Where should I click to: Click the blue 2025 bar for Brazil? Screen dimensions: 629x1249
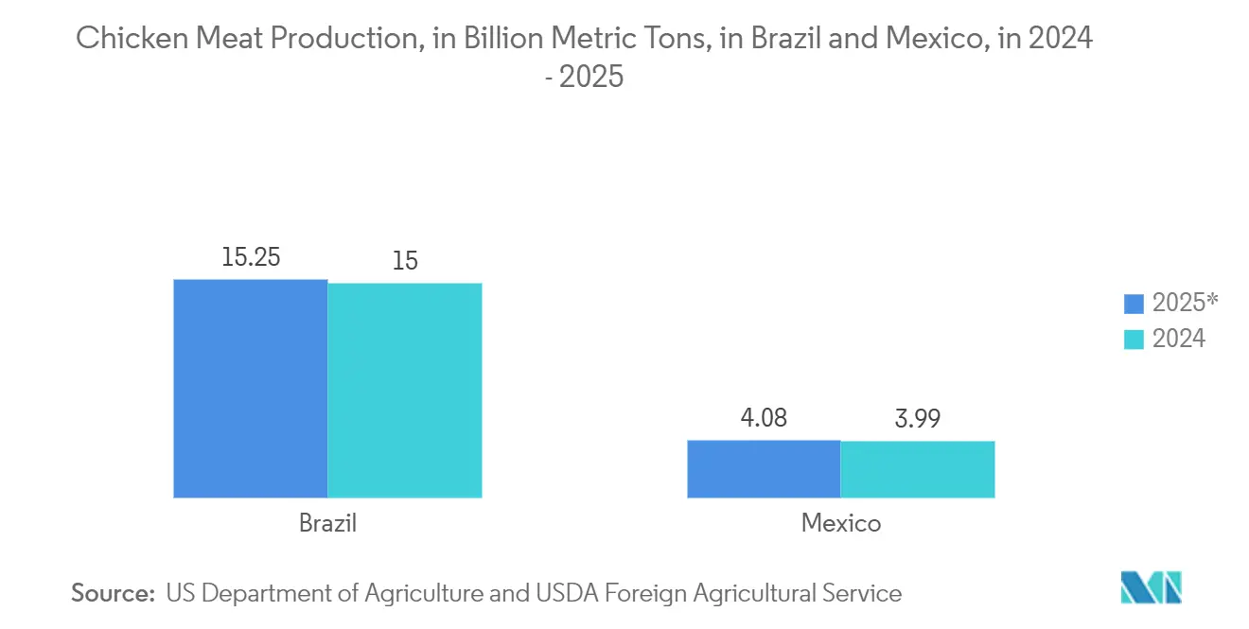[251, 388]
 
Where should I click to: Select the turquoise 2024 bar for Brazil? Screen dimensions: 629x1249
[405, 390]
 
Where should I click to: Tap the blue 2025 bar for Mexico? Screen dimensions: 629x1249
[764, 468]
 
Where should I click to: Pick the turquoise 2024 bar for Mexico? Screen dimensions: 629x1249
[918, 469]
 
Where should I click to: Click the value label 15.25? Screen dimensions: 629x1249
[251, 256]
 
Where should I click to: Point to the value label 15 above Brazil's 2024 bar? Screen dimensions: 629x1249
[405, 260]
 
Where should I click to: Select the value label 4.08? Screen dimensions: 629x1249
[764, 417]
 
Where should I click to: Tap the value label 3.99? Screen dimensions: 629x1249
[918, 418]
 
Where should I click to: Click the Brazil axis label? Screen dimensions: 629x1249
[327, 522]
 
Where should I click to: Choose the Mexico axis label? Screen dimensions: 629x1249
[840, 522]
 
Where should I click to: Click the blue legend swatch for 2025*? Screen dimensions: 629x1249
[1134, 304]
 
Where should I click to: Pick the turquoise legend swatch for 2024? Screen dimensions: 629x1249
[1134, 339]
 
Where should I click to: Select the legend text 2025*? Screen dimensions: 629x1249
[1185, 304]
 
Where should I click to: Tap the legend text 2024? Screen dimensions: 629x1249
[1178, 339]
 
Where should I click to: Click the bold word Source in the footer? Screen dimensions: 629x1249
[112, 593]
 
